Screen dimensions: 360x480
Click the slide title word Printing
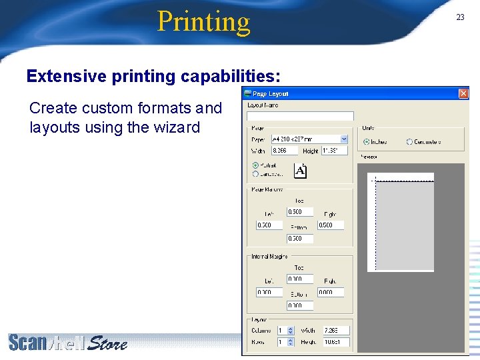pyautogui.click(x=203, y=21)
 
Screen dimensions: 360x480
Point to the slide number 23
pyautogui.click(x=460, y=17)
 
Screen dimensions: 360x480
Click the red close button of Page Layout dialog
pyautogui.click(x=463, y=94)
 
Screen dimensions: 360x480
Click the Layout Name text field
pyautogui.click(x=300, y=116)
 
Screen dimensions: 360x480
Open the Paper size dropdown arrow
pyautogui.click(x=344, y=139)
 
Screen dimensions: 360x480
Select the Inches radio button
pyautogui.click(x=367, y=142)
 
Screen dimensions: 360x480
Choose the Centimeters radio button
pyautogui.click(x=410, y=142)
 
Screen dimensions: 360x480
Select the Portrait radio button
pyautogui.click(x=255, y=165)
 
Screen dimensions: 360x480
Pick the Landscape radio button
pyautogui.click(x=255, y=174)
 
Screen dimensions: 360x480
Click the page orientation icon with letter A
pyautogui.click(x=300, y=171)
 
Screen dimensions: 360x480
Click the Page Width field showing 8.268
pyautogui.click(x=284, y=151)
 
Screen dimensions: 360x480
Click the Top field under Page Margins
pyautogui.click(x=299, y=211)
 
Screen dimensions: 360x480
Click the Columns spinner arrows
pyautogui.click(x=291, y=330)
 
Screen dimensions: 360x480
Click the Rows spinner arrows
pyautogui.click(x=291, y=342)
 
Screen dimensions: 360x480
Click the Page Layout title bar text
pyautogui.click(x=271, y=94)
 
